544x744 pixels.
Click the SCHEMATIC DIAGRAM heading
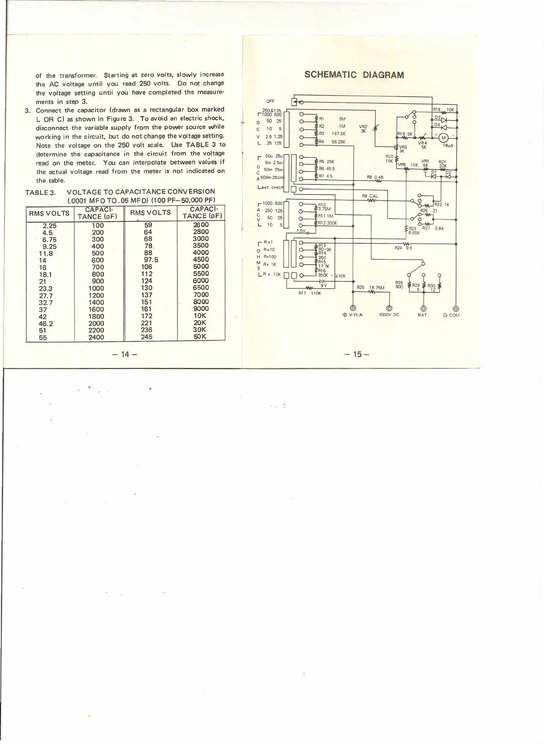(354, 75)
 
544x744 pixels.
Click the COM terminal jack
(456, 308)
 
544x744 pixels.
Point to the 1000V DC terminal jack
(389, 308)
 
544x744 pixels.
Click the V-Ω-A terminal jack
(352, 308)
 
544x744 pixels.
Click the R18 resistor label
(437, 109)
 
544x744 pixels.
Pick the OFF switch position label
(270, 102)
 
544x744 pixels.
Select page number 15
(357, 354)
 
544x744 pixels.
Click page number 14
(125, 354)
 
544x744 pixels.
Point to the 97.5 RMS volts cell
(151, 259)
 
